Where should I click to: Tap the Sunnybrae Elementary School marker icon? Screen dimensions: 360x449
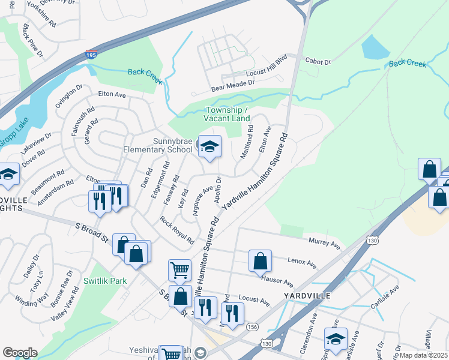point(209,146)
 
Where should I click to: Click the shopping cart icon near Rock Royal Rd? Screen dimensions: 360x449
point(179,271)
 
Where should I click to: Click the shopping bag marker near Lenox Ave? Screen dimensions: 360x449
point(260,261)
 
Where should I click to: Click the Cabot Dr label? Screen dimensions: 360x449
point(318,61)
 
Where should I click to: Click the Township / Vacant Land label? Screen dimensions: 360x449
point(228,114)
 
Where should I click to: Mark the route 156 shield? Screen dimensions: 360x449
point(252,327)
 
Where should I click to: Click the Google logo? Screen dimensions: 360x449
point(20,353)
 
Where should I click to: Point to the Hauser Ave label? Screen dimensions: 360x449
point(277,280)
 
